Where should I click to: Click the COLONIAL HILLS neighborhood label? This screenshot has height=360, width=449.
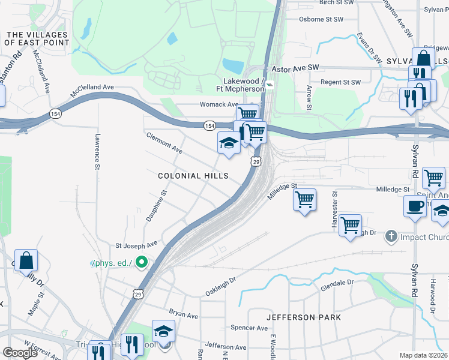point(193,176)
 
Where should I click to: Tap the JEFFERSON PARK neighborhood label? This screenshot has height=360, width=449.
point(304,317)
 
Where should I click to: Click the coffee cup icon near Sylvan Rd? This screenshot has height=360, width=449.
point(415,206)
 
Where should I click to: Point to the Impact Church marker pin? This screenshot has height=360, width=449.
point(390,236)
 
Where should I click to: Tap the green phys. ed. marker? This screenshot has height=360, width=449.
point(142,262)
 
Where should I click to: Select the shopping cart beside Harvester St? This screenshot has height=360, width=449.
point(350,225)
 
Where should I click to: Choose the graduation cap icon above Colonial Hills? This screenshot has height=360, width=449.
point(228,143)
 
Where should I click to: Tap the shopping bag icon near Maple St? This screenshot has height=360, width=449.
point(26,260)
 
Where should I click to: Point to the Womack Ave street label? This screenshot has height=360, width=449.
point(220,104)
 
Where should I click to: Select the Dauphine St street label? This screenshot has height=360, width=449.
point(156,204)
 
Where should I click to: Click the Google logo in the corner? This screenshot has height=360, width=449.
point(20,352)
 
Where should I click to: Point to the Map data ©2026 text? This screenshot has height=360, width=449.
point(423,355)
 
